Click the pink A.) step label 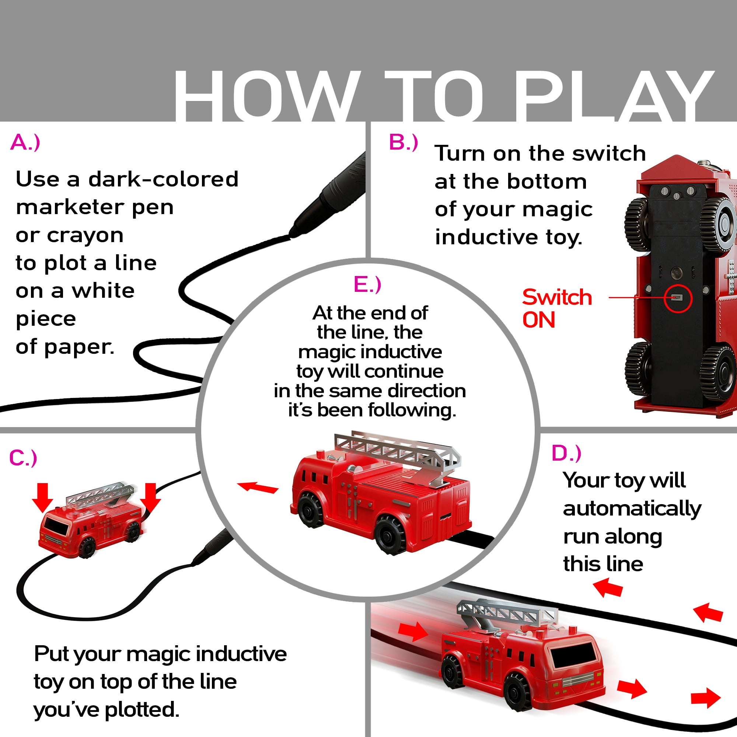(x=25, y=143)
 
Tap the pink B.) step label (x=403, y=142)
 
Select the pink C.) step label (x=23, y=458)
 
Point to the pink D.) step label (x=566, y=453)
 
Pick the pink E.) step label (x=367, y=284)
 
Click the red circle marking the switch (x=678, y=298)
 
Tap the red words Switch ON (x=556, y=308)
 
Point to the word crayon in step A (x=85, y=235)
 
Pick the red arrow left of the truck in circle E (x=258, y=487)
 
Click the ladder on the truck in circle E (x=397, y=450)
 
